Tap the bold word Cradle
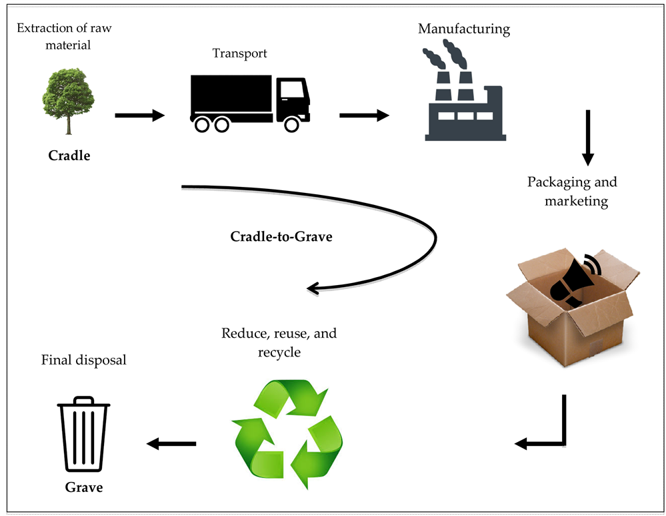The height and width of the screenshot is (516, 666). click(69, 156)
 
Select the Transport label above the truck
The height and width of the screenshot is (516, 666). click(239, 53)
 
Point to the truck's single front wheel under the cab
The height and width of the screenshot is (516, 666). click(291, 124)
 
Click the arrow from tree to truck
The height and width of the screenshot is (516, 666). click(140, 115)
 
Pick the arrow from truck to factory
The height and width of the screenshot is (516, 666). click(364, 115)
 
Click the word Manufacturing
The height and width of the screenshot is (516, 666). click(464, 29)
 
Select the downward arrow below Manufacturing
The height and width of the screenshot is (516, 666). click(588, 138)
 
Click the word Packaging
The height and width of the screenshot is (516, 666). click(559, 182)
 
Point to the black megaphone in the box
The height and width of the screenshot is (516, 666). click(575, 281)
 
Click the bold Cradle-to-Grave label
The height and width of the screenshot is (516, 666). click(281, 236)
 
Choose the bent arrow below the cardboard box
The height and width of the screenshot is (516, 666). click(564, 443)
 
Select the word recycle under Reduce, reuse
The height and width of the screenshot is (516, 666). click(279, 352)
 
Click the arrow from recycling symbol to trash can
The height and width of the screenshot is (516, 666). click(171, 444)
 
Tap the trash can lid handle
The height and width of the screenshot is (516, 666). click(84, 401)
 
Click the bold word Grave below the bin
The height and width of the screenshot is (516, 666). click(84, 487)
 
